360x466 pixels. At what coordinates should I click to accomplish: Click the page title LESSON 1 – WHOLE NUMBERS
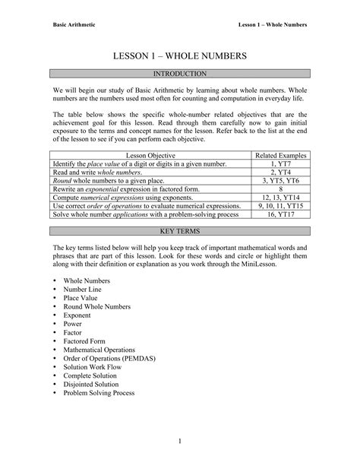click(180, 57)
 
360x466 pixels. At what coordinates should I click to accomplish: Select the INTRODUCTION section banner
click(180, 74)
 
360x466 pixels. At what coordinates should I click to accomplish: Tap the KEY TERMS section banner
click(180, 229)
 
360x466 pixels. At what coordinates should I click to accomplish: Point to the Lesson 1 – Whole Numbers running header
click(273, 24)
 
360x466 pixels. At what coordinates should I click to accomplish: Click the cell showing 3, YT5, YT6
click(281, 180)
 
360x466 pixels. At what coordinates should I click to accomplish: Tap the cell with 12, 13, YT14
click(281, 197)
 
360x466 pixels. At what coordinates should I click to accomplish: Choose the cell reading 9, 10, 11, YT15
click(281, 205)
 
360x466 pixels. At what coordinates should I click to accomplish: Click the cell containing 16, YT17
click(281, 214)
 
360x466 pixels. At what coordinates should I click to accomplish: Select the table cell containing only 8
click(281, 189)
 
